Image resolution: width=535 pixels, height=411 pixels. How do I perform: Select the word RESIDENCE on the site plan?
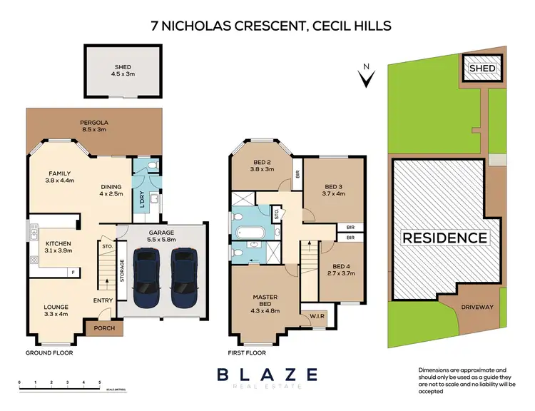coord(444,238)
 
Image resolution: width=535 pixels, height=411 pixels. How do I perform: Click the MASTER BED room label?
coord(264,301)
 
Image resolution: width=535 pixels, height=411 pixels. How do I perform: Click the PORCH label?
coord(98,329)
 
